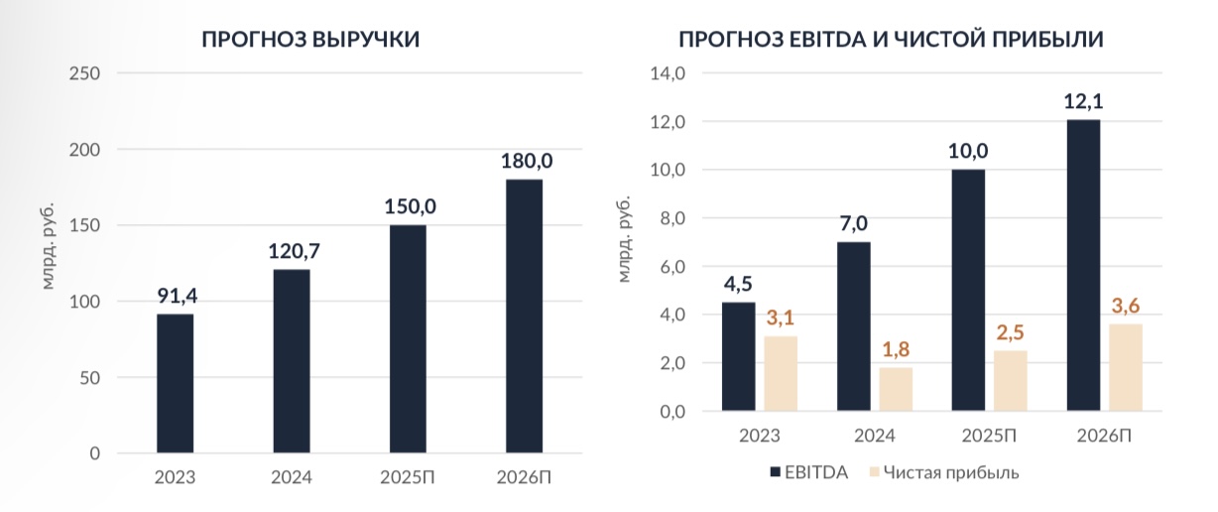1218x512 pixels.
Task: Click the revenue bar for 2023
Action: (x=175, y=383)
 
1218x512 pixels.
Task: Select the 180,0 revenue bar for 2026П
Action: (x=524, y=316)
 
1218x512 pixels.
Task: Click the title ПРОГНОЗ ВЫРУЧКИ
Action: (x=309, y=40)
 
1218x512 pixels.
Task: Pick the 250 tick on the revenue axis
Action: (x=87, y=73)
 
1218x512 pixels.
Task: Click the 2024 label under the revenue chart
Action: (x=292, y=477)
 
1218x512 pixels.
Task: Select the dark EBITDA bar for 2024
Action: (x=853, y=326)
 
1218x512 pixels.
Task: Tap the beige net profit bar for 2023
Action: (x=781, y=373)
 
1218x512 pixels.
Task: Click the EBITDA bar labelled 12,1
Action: (x=1082, y=265)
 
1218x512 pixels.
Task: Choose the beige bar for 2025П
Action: (x=1010, y=380)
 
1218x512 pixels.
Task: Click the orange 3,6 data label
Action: (x=1124, y=306)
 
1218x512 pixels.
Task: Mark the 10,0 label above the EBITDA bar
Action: (x=968, y=151)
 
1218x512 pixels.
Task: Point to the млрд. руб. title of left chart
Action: (x=48, y=244)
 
